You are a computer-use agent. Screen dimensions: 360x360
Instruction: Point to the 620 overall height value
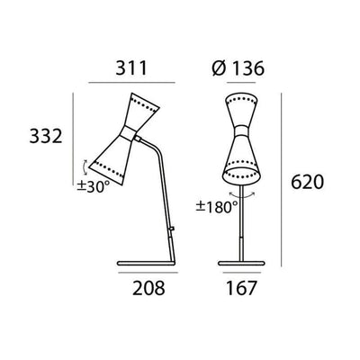[307, 183]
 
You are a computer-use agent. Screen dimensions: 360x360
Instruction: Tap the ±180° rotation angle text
[216, 206]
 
